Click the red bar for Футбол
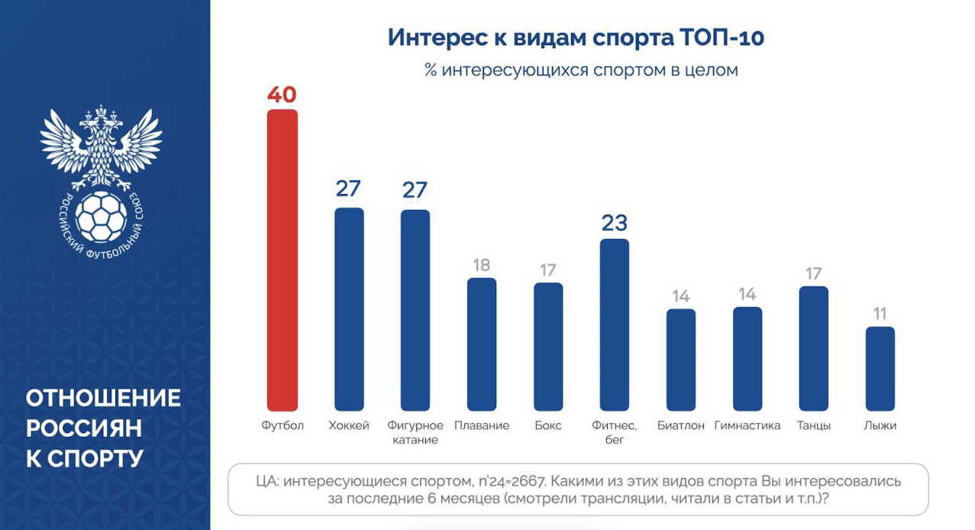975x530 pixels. tap(282, 260)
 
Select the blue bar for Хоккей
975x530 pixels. tap(349, 309)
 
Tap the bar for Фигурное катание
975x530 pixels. tap(415, 310)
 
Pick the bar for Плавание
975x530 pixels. tap(482, 344)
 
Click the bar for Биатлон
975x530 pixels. tap(681, 360)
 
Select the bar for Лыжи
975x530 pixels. tap(880, 369)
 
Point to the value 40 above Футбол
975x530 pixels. tap(282, 95)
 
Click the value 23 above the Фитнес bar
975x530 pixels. tap(615, 223)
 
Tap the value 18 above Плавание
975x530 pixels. tap(482, 265)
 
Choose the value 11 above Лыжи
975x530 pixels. tap(880, 314)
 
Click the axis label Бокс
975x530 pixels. tap(548, 425)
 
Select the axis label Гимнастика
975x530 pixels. tap(747, 425)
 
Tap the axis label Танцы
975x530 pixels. tap(814, 425)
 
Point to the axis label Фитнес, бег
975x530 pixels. tap(615, 432)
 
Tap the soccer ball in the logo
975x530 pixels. tap(102, 216)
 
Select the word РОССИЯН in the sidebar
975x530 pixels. tap(84, 428)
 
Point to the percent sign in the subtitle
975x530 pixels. tap(431, 70)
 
